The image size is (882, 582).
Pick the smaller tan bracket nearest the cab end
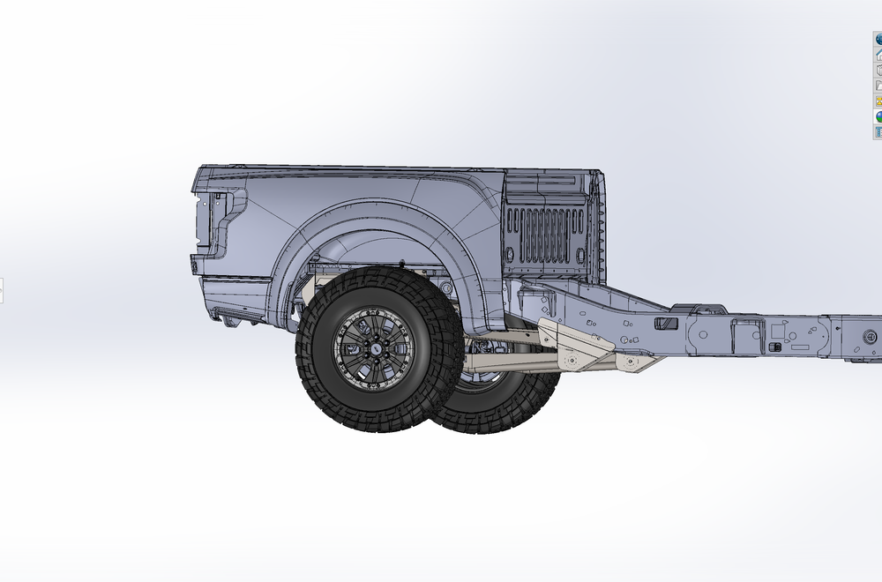tap(639, 362)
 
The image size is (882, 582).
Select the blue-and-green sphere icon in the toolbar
tap(878, 116)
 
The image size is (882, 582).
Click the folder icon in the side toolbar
tap(878, 86)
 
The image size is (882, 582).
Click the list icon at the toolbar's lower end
tap(878, 132)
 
